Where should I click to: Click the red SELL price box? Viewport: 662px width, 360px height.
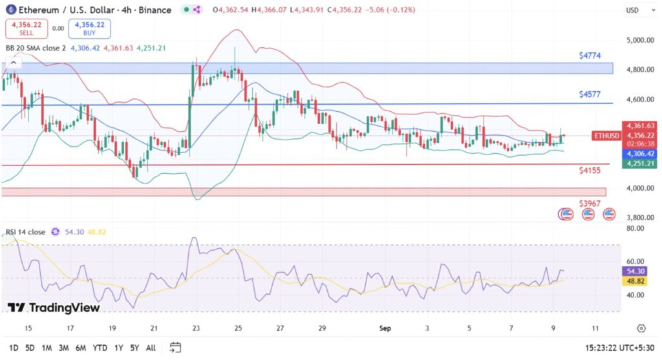coord(23,28)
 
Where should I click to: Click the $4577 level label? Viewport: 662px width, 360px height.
coord(590,94)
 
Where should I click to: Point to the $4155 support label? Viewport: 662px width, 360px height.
coord(590,170)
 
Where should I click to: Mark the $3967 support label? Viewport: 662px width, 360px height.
coord(590,204)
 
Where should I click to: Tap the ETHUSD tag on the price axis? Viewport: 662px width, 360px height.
coord(606,135)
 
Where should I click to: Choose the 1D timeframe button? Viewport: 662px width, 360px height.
coord(13,348)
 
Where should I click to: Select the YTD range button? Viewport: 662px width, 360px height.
coord(100,348)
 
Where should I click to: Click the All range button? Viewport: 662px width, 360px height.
coord(151,348)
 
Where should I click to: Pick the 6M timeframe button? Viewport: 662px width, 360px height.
coord(81,348)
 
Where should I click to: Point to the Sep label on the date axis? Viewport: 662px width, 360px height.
coord(385,328)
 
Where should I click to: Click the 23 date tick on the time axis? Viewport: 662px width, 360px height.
coord(196,328)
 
